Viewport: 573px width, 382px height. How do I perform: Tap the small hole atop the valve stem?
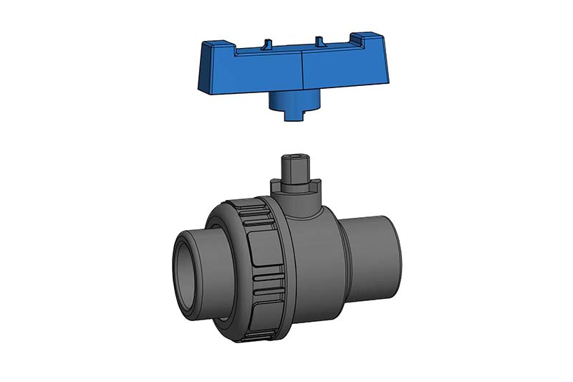coord(293,156)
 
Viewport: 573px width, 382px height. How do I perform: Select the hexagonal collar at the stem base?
coord(293,186)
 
